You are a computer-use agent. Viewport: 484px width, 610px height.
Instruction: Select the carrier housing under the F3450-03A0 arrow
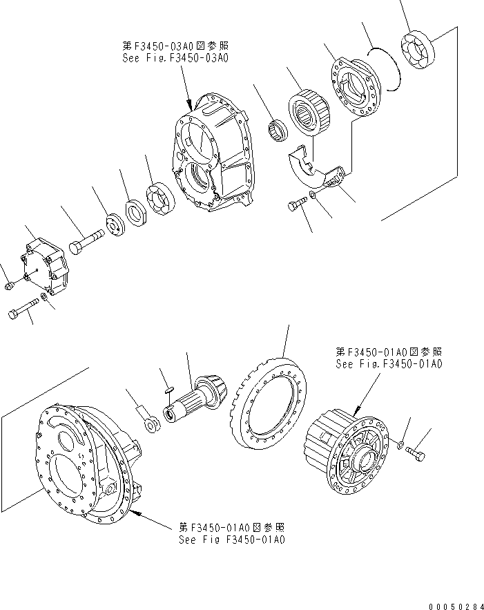pyautogui.click(x=210, y=152)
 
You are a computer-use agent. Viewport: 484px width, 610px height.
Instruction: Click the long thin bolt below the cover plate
pyautogui.click(x=24, y=310)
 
